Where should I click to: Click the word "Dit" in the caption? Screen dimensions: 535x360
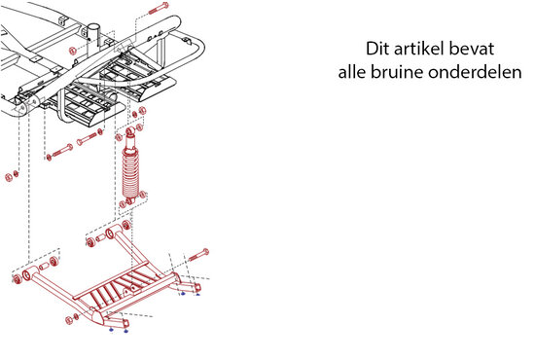click(378, 49)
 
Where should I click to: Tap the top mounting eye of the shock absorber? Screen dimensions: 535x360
click(130, 131)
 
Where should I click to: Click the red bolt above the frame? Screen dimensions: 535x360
click(159, 8)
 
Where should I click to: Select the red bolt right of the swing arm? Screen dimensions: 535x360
click(198, 255)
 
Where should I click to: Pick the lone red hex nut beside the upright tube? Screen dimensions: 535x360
click(72, 52)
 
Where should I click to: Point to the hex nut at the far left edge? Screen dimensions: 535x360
click(9, 177)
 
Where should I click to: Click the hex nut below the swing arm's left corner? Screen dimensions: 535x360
click(69, 320)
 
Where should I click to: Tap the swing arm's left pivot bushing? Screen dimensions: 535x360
click(26, 275)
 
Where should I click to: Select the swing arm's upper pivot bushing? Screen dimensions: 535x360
click(111, 234)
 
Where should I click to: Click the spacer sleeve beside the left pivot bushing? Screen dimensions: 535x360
click(44, 267)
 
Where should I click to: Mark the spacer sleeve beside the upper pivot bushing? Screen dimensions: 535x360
click(101, 237)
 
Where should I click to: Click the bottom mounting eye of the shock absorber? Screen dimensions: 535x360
click(129, 201)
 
